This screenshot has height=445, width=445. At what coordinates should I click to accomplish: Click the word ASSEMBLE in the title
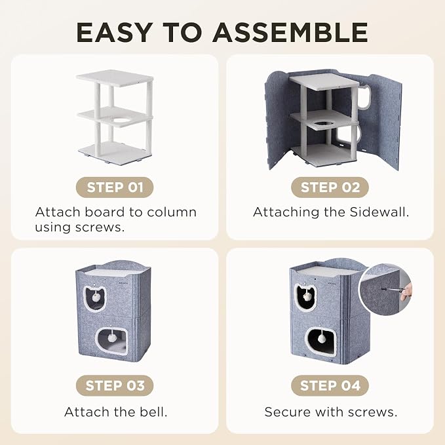(290, 32)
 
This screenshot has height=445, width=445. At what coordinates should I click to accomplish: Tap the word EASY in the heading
(115, 32)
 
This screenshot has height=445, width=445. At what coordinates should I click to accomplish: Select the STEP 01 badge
(115, 187)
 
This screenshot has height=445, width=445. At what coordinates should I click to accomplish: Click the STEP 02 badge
(330, 187)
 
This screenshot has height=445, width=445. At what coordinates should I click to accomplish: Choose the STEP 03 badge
(115, 385)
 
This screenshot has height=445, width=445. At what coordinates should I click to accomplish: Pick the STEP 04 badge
(330, 385)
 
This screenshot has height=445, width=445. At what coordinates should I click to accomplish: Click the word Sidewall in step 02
(379, 212)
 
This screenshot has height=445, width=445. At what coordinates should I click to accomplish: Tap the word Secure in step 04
(287, 412)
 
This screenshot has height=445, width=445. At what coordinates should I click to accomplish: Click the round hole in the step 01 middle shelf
(122, 121)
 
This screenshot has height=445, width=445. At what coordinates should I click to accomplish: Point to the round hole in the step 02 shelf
(325, 124)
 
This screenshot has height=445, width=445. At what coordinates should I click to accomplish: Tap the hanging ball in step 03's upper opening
(96, 297)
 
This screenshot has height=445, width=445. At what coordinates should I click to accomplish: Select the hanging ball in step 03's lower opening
(111, 338)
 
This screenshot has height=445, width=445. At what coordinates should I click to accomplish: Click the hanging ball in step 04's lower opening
(322, 338)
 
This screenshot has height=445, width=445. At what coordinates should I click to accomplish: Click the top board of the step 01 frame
(115, 78)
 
